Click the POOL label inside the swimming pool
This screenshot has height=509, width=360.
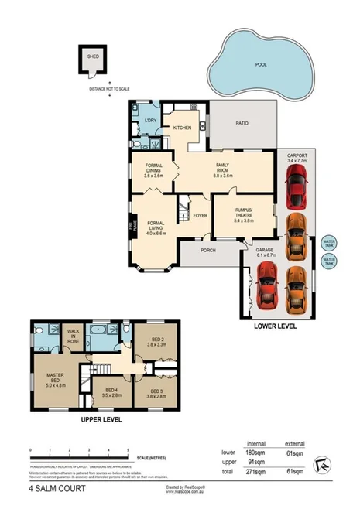261,65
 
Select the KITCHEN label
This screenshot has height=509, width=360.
182,128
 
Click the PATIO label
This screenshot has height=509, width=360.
242,122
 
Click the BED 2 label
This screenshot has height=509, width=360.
157,340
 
